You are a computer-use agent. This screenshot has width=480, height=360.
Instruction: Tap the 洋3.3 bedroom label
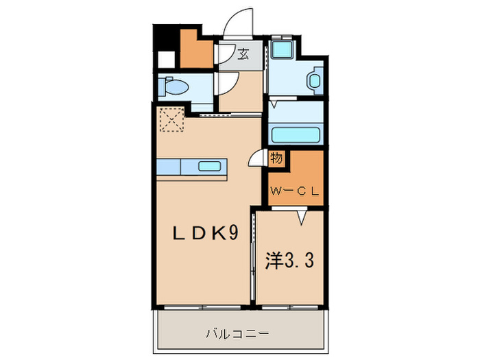[290, 262]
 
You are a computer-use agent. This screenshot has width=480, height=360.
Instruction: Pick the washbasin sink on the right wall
[314, 82]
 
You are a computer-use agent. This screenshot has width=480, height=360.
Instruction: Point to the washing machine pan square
[281, 49]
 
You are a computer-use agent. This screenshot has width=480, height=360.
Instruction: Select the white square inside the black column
[166, 59]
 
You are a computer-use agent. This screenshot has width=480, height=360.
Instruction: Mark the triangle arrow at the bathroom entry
[274, 106]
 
